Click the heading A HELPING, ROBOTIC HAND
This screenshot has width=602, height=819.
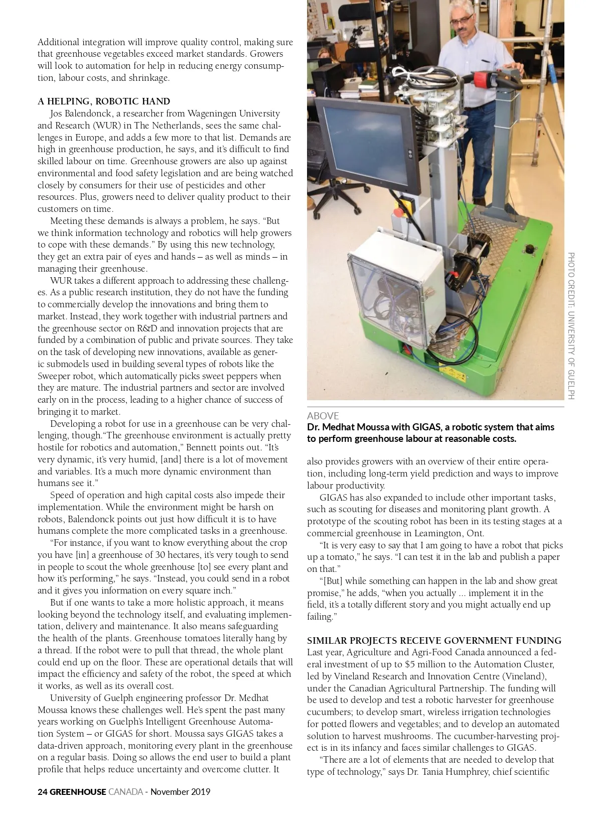pos(104,101)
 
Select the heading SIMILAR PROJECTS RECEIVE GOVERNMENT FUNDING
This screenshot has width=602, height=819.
pos(434,640)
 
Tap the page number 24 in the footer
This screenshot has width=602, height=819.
pos(43,792)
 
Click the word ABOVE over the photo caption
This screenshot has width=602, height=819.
pos(323,416)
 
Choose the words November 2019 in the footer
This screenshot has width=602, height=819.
pos(180,792)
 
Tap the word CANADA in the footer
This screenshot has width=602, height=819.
pos(125,792)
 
